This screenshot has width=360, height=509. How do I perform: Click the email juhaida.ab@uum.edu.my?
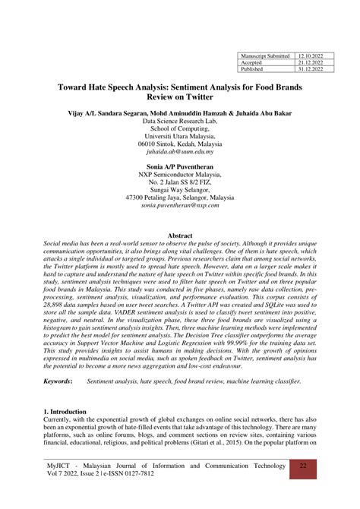(180, 151)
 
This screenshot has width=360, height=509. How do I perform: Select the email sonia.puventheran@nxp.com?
(180, 205)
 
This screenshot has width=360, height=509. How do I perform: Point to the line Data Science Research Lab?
(180, 121)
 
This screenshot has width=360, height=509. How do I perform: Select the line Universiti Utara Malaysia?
(180, 136)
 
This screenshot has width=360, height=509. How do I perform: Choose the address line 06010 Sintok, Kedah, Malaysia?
(180, 144)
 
